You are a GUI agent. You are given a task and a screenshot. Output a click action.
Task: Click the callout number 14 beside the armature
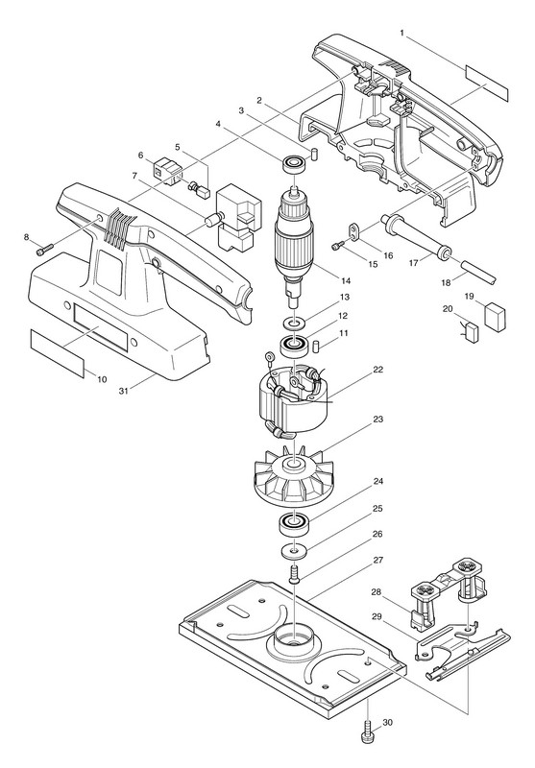click(347, 280)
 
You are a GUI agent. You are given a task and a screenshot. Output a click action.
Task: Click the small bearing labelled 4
click(295, 163)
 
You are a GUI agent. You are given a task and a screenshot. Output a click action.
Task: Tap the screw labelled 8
click(41, 252)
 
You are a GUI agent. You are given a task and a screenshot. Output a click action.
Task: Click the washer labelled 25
click(294, 551)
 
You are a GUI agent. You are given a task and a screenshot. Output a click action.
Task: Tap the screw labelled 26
click(294, 573)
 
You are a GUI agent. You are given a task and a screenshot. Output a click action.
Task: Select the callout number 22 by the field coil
click(377, 370)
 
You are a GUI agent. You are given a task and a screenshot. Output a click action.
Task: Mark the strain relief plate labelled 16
click(354, 230)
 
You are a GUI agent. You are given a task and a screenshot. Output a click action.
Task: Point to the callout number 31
click(125, 391)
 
